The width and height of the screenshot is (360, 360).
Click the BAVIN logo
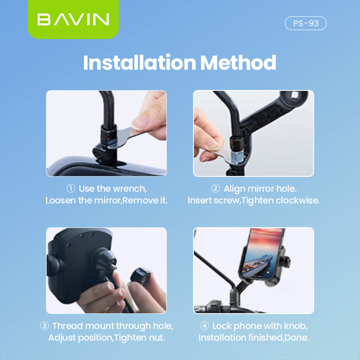73,20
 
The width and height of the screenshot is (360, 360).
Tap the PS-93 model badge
306,23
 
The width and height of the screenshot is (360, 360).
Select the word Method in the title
238,63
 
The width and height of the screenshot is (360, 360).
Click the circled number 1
71,189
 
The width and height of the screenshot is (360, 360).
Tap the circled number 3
44,326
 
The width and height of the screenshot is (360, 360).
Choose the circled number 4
204,326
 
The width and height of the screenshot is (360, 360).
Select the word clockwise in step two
297,201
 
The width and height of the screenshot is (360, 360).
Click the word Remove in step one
140,201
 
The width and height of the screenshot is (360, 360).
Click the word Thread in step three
65,326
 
